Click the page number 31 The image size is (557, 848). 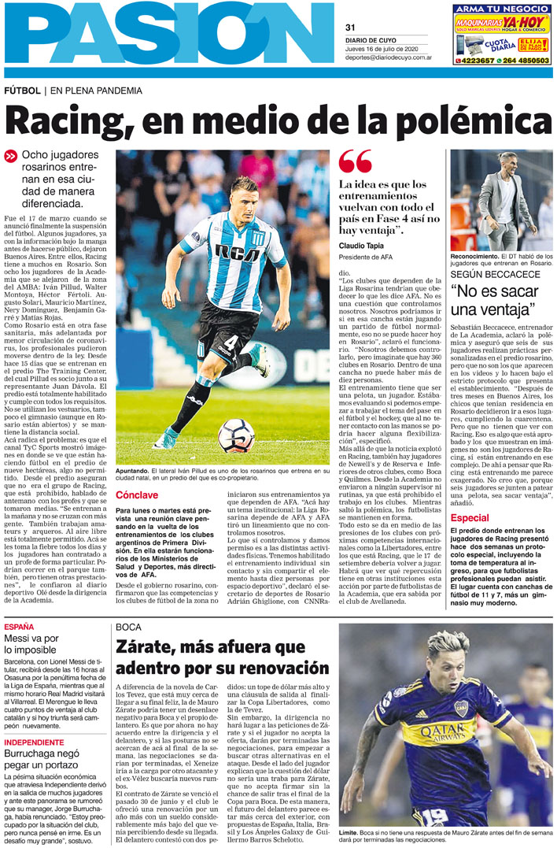(x=351, y=28)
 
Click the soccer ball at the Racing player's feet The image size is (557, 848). (x=236, y=435)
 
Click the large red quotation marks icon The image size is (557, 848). (x=355, y=162)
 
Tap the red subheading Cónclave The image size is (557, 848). (x=142, y=495)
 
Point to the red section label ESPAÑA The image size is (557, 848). (x=19, y=627)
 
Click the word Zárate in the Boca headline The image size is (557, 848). (x=148, y=648)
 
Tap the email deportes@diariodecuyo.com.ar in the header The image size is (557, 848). (x=389, y=57)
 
